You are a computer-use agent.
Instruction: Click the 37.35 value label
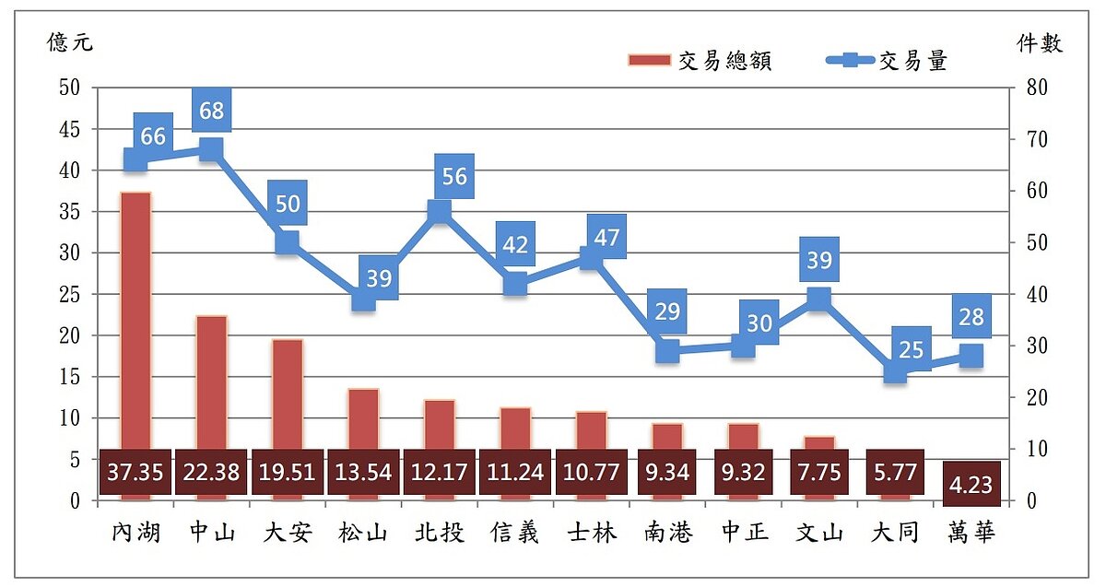pos(135,473)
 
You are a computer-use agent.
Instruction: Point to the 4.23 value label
pos(971,484)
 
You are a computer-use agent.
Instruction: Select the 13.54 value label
pos(363,473)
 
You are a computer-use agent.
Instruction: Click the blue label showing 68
pos(211,111)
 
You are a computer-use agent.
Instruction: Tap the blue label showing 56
pos(454,176)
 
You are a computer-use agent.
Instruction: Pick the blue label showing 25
pos(911,348)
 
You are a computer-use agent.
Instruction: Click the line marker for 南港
pos(667,350)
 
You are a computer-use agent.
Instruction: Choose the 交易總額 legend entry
pos(700,61)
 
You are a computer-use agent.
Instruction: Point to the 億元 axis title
pos(70,42)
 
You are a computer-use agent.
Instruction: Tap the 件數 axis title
pos(1039,42)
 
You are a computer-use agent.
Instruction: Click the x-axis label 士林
pos(591,533)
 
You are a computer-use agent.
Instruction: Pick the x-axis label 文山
pos(818,533)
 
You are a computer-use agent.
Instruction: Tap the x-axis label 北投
pos(439,533)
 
